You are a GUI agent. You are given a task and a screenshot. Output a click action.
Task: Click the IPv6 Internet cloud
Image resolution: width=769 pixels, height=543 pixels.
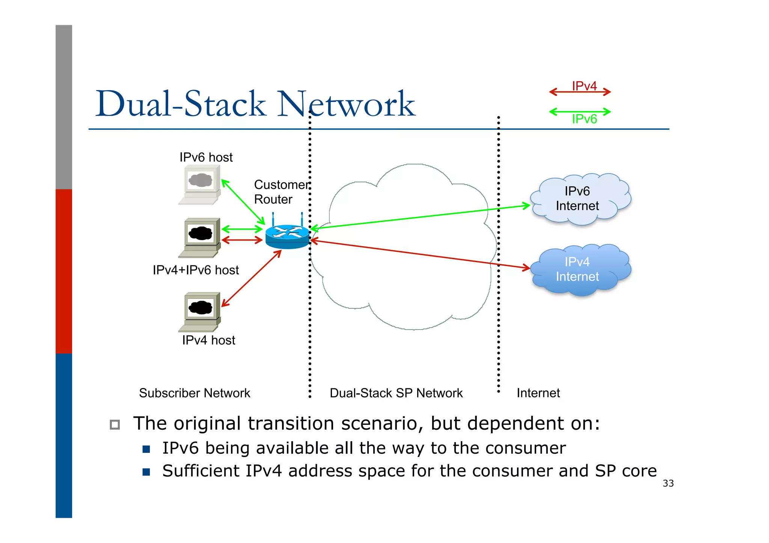(x=580, y=199)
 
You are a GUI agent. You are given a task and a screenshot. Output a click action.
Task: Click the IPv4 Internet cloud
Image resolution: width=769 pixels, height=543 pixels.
(x=580, y=269)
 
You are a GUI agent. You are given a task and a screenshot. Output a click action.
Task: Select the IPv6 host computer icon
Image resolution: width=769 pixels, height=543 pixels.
(x=200, y=185)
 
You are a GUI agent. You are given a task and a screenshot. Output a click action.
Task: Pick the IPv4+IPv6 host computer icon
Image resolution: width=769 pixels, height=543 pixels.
(x=200, y=238)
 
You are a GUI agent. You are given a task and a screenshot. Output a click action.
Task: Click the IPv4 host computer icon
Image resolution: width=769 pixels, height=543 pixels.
(x=200, y=312)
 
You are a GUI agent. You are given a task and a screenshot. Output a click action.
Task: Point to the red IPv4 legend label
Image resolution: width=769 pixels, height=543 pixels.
(x=584, y=86)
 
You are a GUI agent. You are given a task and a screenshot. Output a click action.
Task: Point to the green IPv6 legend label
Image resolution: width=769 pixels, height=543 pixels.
(x=584, y=119)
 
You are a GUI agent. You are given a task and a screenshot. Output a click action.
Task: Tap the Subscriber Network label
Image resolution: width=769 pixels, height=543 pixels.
(x=194, y=393)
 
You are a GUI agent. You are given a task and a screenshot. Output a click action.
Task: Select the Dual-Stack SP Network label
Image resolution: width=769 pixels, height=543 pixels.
(x=396, y=393)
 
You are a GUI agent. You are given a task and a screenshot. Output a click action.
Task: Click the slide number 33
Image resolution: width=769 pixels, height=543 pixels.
(x=668, y=483)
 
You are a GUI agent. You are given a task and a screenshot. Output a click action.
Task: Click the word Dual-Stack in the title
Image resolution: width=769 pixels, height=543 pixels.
(x=181, y=104)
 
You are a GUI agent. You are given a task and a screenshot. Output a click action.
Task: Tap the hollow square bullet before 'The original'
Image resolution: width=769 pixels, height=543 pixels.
(x=115, y=424)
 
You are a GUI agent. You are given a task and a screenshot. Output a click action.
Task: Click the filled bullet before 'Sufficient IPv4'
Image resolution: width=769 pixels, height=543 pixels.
(x=146, y=472)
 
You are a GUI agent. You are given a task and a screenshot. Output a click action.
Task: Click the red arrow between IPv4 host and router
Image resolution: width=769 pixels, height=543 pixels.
(x=251, y=278)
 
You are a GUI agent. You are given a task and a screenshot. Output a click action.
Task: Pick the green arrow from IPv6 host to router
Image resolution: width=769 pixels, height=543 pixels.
(x=243, y=202)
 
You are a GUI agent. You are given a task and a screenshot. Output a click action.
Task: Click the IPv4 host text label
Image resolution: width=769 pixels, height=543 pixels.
(x=208, y=340)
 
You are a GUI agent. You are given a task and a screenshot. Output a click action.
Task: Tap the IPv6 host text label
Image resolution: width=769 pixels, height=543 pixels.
(x=206, y=157)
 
